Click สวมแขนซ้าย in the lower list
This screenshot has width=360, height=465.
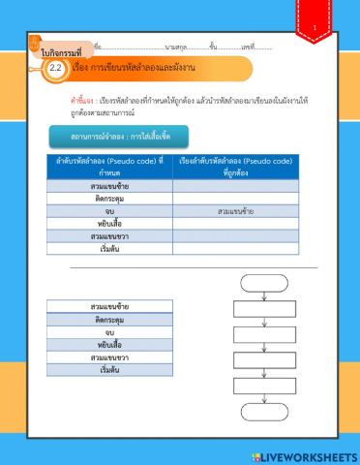tap(110, 307)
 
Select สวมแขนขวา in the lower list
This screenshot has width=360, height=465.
tap(110, 357)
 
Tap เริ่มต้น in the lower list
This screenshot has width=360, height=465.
tap(110, 370)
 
